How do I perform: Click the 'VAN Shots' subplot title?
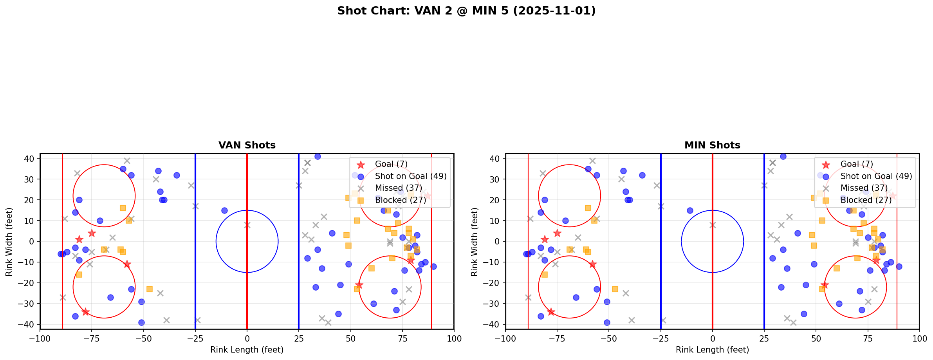coord(247,145)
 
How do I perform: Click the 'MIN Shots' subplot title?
coord(712,145)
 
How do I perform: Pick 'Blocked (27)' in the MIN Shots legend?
coord(866,200)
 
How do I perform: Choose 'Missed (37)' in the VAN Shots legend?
coord(396,188)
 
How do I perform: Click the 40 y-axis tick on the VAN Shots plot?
coord(29,159)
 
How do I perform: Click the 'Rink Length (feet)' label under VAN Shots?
coord(247,350)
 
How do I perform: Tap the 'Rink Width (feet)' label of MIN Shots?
coord(475,242)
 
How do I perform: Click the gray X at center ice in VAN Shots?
coord(247,225)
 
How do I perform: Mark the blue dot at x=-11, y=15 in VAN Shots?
coord(224,210)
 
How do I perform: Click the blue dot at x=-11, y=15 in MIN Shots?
coord(690,210)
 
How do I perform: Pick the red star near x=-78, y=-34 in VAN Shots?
coord(85,312)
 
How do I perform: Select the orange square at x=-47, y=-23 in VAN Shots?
coord(150,289)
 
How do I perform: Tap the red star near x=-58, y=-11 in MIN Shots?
coord(592,264)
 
